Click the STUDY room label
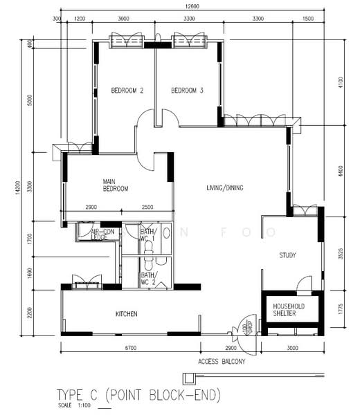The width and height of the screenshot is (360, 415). coord(288,256)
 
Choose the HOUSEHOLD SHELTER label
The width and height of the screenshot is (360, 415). coord(289,309)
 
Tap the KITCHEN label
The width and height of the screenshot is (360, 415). coord(127,314)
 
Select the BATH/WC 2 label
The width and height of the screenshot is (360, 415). coord(149,278)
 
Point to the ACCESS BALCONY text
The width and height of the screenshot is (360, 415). coord(222,361)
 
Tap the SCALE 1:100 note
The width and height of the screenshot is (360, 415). coord(72,405)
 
